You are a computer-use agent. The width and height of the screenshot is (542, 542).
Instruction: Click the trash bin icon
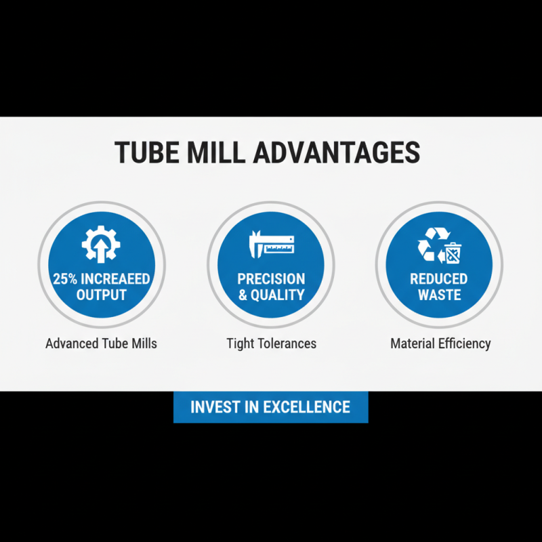click(x=453, y=253)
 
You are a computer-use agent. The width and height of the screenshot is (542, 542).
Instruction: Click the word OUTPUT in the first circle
click(x=102, y=295)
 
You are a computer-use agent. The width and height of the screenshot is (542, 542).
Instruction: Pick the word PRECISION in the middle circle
click(x=271, y=279)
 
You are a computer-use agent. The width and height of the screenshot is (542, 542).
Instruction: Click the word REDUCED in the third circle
click(x=439, y=279)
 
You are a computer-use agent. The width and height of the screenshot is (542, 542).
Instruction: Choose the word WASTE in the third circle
click(x=439, y=295)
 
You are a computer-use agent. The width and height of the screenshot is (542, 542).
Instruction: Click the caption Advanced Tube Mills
click(x=101, y=343)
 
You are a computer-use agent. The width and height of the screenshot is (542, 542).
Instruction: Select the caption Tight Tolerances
click(x=271, y=343)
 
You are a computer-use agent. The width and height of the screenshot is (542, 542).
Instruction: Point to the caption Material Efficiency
click(x=440, y=343)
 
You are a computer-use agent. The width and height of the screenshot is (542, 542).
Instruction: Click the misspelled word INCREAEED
click(x=114, y=279)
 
